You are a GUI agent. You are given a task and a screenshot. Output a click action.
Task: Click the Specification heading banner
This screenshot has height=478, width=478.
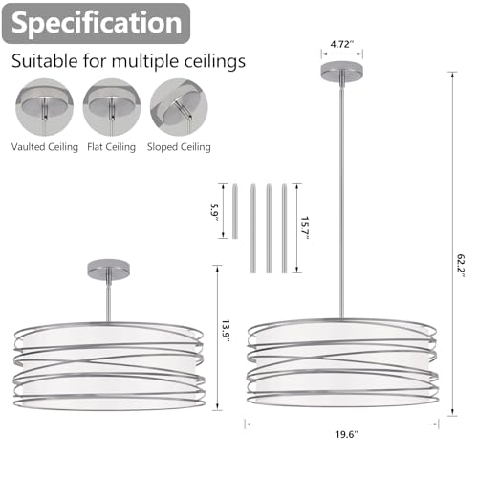[x=96, y=23]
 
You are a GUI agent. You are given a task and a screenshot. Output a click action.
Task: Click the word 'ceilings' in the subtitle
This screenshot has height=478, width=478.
[x=215, y=60]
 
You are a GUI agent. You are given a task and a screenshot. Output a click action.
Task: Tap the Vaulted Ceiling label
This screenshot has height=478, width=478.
[x=45, y=147]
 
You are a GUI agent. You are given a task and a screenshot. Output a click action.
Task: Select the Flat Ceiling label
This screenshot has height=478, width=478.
[x=111, y=147]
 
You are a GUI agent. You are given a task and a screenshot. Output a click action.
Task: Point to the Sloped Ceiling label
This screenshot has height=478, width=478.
[x=179, y=147]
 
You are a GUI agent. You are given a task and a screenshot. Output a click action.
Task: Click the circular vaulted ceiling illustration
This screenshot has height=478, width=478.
[x=44, y=107]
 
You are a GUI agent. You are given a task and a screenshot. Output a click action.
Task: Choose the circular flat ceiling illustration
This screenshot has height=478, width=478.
[x=112, y=107]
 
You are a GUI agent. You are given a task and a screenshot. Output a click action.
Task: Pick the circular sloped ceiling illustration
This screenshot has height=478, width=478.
[x=179, y=107]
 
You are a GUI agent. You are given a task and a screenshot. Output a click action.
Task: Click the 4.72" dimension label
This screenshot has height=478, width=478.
[x=342, y=44]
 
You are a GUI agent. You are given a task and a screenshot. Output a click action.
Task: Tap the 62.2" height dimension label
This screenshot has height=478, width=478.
[x=461, y=266]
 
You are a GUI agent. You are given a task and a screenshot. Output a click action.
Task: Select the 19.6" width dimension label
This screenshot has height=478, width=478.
[x=346, y=434]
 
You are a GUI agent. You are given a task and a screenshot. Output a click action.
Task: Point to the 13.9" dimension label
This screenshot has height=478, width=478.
[x=226, y=331]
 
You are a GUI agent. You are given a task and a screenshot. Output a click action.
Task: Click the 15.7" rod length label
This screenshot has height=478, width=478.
[x=305, y=228]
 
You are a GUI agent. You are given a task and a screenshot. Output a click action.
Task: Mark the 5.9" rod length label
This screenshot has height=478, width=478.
[x=214, y=212]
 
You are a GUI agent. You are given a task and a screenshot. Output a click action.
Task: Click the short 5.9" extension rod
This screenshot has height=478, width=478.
[x=235, y=210]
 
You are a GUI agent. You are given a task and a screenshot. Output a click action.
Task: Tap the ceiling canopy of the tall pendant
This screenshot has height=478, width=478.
[x=342, y=71]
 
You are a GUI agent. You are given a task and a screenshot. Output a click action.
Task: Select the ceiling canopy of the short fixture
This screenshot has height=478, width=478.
[x=109, y=269]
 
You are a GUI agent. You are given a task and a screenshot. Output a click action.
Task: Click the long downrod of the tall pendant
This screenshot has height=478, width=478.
[x=342, y=199]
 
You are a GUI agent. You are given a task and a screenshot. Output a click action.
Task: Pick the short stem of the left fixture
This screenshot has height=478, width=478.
[x=109, y=299]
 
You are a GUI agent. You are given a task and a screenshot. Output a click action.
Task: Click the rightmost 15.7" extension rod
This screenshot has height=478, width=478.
[x=284, y=228]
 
